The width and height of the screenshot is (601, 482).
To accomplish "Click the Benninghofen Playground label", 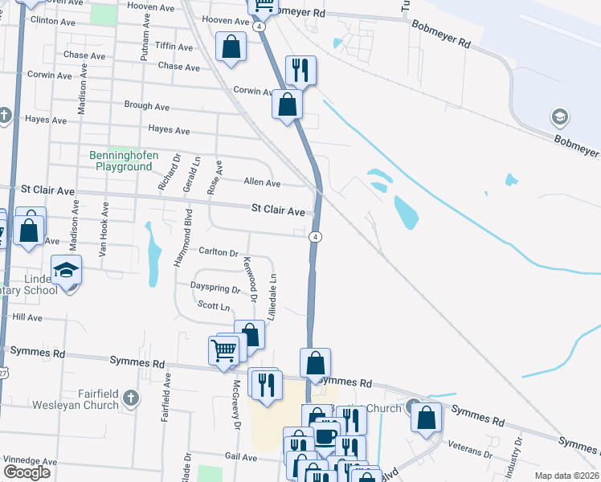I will [x=123, y=161].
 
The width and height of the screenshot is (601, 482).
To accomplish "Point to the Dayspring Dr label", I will [x=215, y=288].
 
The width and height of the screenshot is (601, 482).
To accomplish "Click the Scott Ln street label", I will [x=214, y=306].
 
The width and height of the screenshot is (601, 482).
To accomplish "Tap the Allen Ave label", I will [x=262, y=183].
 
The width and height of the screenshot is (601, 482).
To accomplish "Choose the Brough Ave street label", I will [x=146, y=105].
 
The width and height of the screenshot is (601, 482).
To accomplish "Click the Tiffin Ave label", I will [x=174, y=47].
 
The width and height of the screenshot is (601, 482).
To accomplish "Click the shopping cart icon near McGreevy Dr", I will [x=223, y=350].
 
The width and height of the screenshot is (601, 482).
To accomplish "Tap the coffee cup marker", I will [x=325, y=436].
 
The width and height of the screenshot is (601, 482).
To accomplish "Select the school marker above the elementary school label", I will [x=66, y=269].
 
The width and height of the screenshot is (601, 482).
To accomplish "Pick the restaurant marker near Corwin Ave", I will [x=300, y=70].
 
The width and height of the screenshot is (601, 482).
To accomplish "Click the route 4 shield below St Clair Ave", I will [x=317, y=236].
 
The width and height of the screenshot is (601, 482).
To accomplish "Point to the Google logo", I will [x=27, y=472].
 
